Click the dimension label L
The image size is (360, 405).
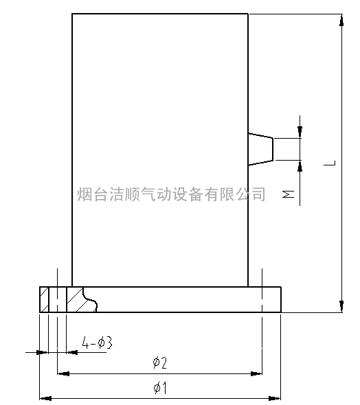coord(330,163)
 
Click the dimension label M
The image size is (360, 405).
coord(288,194)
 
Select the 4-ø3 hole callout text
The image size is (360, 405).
coord(97,343)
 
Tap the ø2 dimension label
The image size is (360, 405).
coord(159,362)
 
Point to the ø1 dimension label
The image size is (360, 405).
coord(160,388)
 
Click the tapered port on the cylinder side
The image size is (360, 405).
coord(260,149)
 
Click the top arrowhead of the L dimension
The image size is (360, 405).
coord(341,21)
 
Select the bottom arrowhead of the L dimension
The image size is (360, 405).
coord(341,306)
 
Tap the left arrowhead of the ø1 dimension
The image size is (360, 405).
coord(45,398)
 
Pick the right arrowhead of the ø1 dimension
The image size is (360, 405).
coord(274,398)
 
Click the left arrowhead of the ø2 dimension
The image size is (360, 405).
coord(63,373)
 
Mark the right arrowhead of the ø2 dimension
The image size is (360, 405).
coord(256,373)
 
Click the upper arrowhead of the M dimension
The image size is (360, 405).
coord(300,132)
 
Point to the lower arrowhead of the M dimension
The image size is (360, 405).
coord(300,166)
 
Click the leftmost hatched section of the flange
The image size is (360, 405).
coord(44,299)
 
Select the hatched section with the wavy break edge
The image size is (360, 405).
coord(80,299)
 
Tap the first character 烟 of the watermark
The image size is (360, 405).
coord(85,194)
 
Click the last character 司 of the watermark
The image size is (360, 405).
coord(258,194)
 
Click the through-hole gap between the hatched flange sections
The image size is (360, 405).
coord(58,299)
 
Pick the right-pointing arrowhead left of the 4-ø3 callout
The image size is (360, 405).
coord(43,352)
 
